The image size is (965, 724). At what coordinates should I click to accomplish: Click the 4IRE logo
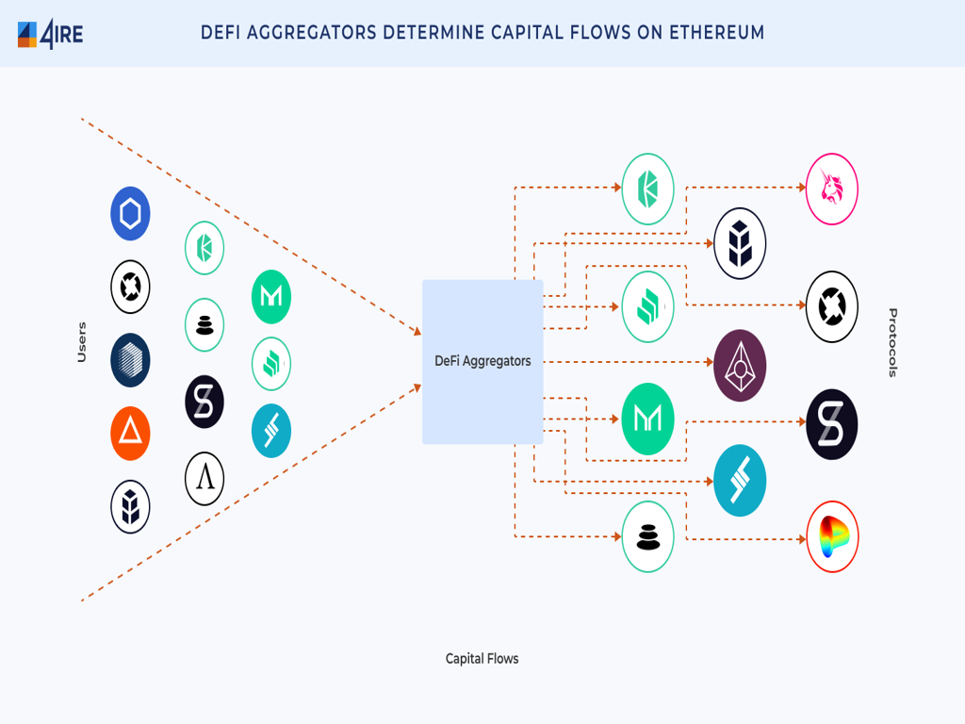pos(50,34)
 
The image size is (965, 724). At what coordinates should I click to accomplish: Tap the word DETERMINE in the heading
pos(433,33)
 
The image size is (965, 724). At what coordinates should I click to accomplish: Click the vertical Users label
pos(82,342)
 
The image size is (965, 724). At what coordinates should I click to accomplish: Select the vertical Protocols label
pos(892,342)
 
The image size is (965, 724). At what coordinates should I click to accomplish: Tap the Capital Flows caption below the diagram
pos(482,658)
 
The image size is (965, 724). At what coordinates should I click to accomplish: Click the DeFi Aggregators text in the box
pos(482,361)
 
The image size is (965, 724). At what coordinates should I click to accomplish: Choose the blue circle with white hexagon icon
pos(130,214)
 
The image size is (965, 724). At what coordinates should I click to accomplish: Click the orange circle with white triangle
pos(130,434)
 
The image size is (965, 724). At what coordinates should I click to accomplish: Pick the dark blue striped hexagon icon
pos(130,360)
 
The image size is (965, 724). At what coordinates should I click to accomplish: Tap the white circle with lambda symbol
pos(204,479)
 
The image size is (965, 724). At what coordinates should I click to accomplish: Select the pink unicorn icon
pos(832,189)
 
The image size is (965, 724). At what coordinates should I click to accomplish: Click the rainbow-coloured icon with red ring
pos(832,537)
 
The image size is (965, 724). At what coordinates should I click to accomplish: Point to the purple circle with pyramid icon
pos(740,365)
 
